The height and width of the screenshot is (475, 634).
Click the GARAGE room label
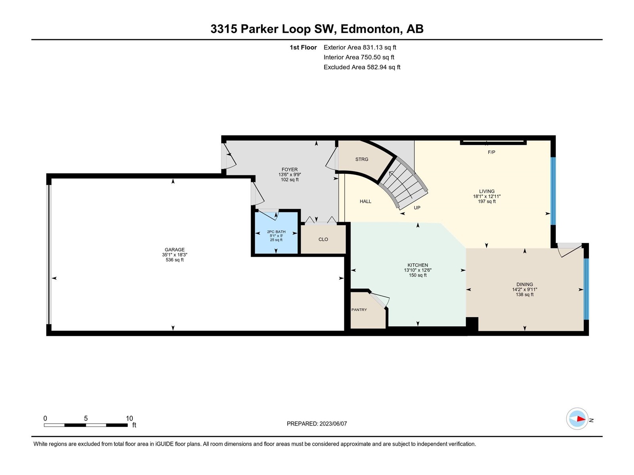[174, 250]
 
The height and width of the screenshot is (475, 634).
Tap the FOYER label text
[289, 169]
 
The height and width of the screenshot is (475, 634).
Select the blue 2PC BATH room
[276, 233]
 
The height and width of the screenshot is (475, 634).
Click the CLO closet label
[323, 239]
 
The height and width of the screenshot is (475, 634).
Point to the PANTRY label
[359, 310]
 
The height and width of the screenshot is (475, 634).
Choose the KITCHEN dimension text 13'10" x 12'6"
[418, 270]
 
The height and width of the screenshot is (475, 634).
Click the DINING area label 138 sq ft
[525, 294]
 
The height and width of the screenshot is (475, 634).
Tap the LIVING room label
[487, 191]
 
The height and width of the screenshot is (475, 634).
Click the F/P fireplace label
[491, 152]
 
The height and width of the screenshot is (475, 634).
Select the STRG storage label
[362, 159]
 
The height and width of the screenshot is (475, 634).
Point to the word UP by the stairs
[417, 208]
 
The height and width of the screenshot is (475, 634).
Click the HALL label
[365, 201]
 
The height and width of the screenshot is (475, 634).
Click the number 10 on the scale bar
[130, 418]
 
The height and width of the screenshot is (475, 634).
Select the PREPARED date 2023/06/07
[333, 424]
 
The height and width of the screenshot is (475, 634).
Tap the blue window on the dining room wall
[586, 289]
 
